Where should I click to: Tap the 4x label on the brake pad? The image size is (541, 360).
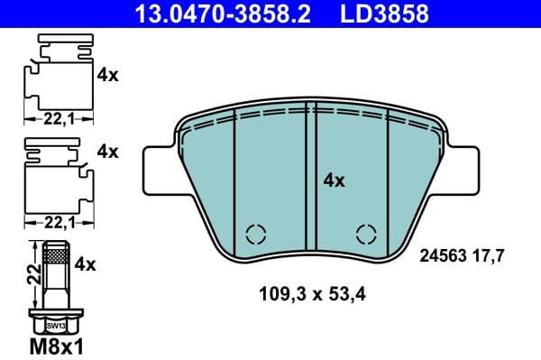334,180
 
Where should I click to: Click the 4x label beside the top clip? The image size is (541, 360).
107,75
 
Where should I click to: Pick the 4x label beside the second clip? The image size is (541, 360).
107,152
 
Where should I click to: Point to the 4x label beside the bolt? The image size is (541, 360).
86,264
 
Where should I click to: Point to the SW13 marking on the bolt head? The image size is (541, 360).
55,324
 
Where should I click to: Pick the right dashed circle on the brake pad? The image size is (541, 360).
366,234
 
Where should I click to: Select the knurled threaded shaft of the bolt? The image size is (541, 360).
55,271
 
